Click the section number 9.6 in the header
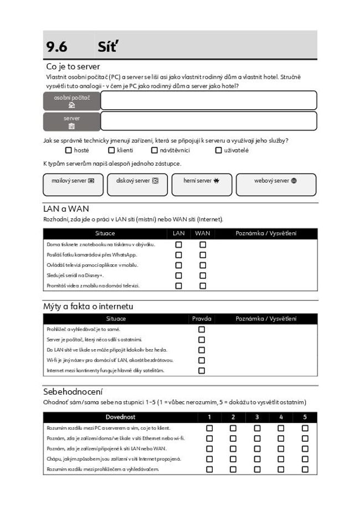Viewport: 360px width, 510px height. [56, 47]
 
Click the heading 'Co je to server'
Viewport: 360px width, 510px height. [73, 67]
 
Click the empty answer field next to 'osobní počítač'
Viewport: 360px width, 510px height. [208, 100]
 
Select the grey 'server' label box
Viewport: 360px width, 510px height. [71, 121]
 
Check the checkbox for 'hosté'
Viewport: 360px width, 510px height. [69, 150]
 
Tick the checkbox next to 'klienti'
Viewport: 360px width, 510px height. [111, 150]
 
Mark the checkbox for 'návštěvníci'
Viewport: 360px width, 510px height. [155, 150]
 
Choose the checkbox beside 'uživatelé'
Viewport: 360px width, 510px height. [219, 150]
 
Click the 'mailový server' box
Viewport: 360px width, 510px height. [73, 184]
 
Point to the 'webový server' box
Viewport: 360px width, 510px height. [276, 184]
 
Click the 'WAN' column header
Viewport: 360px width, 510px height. [202, 233]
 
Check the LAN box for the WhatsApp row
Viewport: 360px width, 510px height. [178, 255]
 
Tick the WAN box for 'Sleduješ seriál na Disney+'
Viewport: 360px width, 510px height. [203, 276]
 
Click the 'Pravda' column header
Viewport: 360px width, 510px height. [202, 319]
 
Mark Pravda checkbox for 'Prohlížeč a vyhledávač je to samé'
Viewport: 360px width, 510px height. [202, 329]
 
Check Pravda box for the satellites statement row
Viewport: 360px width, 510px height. [202, 370]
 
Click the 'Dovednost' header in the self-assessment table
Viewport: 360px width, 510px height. [121, 417]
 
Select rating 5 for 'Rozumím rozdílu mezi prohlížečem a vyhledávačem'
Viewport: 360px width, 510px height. [305, 470]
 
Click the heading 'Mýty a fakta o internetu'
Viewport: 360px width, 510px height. [88, 306]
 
